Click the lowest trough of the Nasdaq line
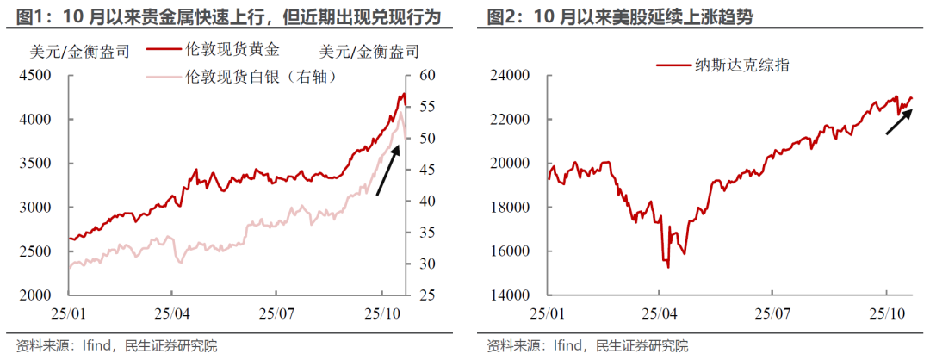pyautogui.click(x=668, y=267)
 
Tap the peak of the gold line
pyautogui.click(x=404, y=93)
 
